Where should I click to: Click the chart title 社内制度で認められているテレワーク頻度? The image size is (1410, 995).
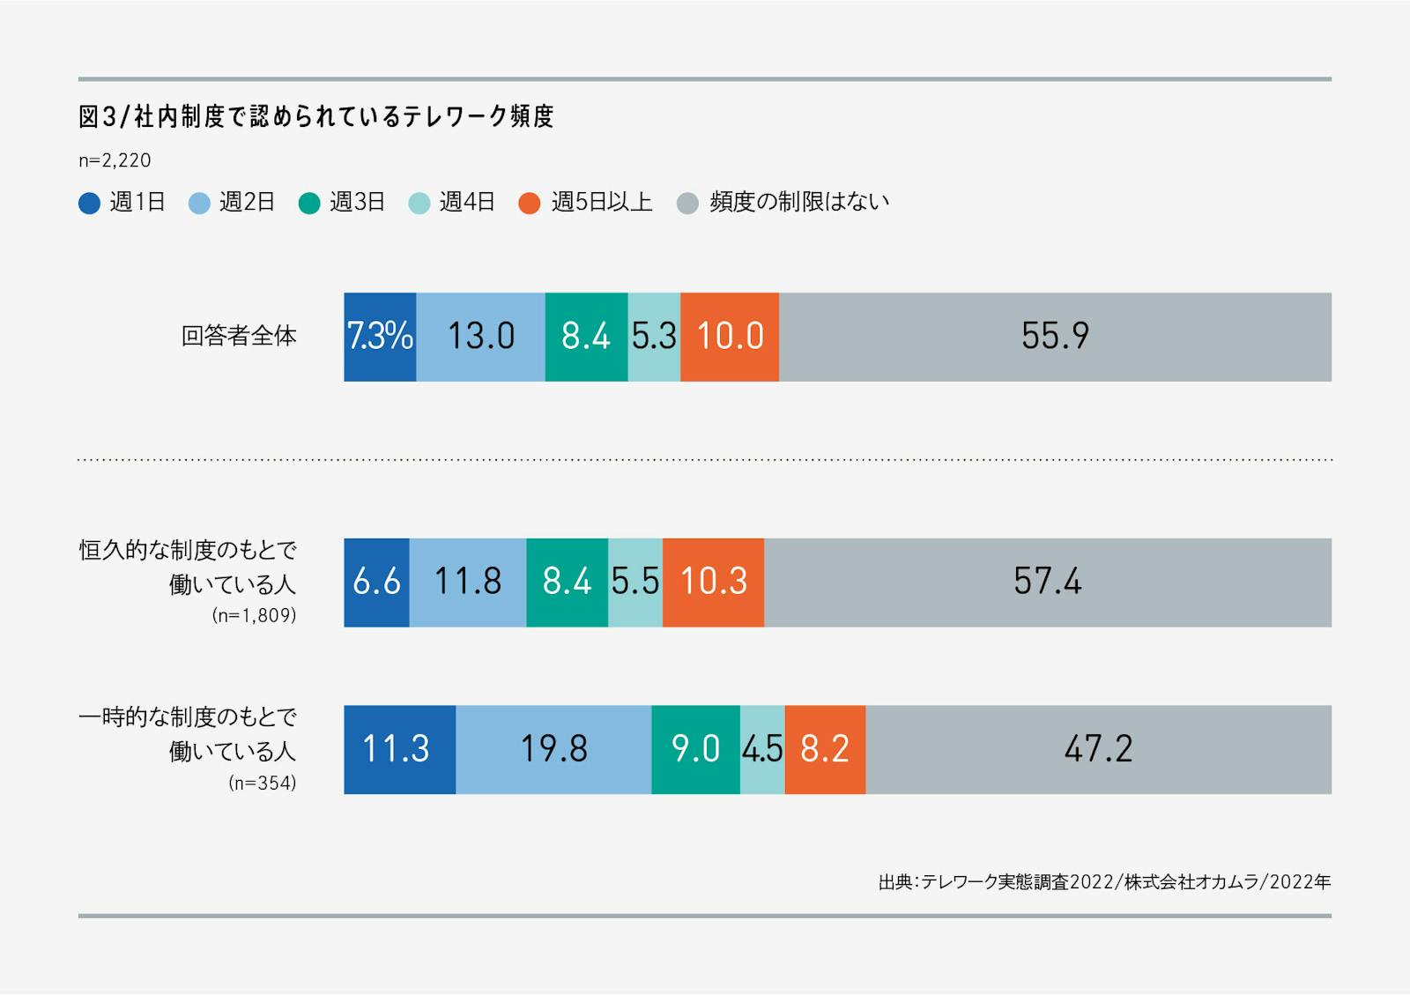tap(315, 116)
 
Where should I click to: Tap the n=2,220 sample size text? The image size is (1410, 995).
tap(115, 160)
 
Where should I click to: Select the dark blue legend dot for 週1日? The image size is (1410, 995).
tap(89, 204)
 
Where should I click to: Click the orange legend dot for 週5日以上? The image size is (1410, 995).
tap(529, 204)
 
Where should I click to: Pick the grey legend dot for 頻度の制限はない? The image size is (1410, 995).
tap(687, 204)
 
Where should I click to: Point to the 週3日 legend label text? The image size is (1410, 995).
tap(357, 203)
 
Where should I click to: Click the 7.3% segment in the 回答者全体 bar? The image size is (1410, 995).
tap(380, 337)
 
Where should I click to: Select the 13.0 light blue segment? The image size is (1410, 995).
tap(480, 337)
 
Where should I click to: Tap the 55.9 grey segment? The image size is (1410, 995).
tap(1055, 337)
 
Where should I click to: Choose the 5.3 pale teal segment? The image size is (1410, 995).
tap(654, 337)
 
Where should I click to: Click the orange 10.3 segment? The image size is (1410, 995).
tap(713, 583)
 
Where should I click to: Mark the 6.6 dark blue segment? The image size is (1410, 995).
tap(376, 583)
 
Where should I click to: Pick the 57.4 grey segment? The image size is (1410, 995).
tap(1047, 583)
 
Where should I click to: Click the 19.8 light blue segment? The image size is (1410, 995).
tap(553, 749)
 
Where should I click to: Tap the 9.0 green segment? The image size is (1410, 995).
tap(695, 749)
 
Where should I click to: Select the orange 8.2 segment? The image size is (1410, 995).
tap(825, 749)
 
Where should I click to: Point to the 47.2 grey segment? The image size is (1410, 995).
tap(1098, 749)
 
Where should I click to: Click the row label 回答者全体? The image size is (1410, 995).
tap(239, 337)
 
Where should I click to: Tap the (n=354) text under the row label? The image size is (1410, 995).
tap(262, 783)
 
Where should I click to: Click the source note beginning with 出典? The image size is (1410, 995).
tap(1104, 881)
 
